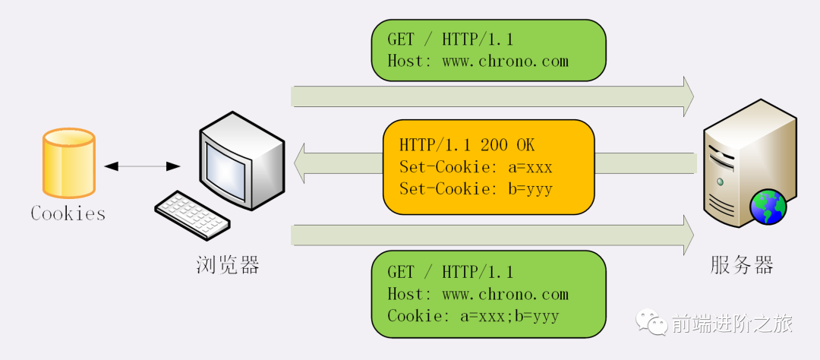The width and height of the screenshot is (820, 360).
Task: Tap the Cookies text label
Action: (x=68, y=213)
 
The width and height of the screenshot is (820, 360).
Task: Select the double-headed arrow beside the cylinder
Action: (x=143, y=166)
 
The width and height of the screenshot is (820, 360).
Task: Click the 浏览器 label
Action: (x=228, y=265)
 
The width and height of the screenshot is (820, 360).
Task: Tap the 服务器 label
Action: (x=742, y=265)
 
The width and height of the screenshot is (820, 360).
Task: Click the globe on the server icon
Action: (x=768, y=207)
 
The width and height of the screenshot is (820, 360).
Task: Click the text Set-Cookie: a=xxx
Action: (x=475, y=166)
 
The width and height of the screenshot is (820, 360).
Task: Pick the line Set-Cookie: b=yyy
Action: (x=475, y=188)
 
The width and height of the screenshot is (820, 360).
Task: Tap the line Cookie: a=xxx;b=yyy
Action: (x=473, y=315)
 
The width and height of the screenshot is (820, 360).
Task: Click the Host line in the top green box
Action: (x=478, y=61)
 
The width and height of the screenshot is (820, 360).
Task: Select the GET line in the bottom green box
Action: (x=450, y=272)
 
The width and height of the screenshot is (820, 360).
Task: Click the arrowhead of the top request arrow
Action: (x=687, y=96)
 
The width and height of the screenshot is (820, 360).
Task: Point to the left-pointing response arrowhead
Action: (x=300, y=163)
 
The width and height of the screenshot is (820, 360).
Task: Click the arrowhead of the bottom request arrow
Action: (x=687, y=235)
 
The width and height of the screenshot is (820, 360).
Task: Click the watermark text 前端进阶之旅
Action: (x=732, y=324)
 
